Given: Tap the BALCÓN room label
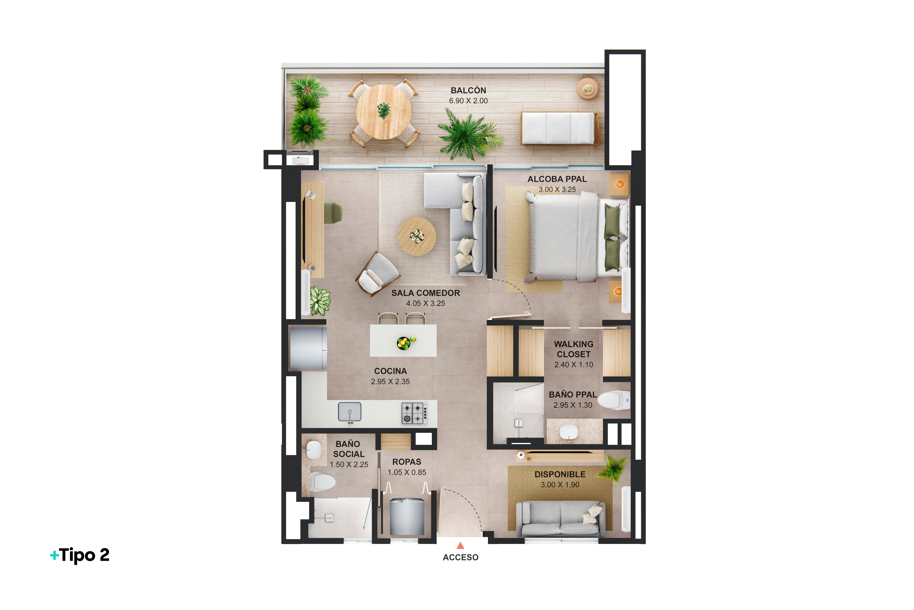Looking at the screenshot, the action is point(468,90).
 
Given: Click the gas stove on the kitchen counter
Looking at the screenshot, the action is point(415,413).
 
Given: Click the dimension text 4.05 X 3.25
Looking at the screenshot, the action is point(425,303).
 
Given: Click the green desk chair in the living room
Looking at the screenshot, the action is point(333,213).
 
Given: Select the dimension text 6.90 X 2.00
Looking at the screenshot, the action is point(468,101).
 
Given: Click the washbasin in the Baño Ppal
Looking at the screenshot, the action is point(569,431).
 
